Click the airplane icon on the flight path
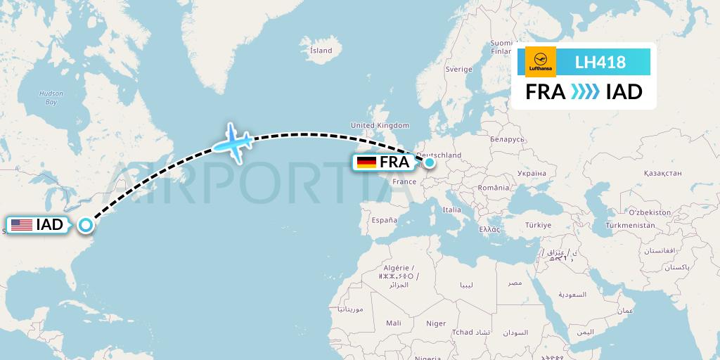point(233,142)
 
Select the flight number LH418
point(600,63)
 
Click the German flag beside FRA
point(366,162)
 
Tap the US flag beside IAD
point(21,225)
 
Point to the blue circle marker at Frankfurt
point(429,162)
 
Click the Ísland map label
point(321,51)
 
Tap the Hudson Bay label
point(51,98)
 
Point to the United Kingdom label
point(380,126)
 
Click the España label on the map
point(385,220)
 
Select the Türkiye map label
point(536,225)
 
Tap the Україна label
point(531,174)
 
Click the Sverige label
point(458,70)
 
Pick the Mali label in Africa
point(394,323)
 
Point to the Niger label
point(436,323)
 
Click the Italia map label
point(452,210)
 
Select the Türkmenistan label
point(631,226)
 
